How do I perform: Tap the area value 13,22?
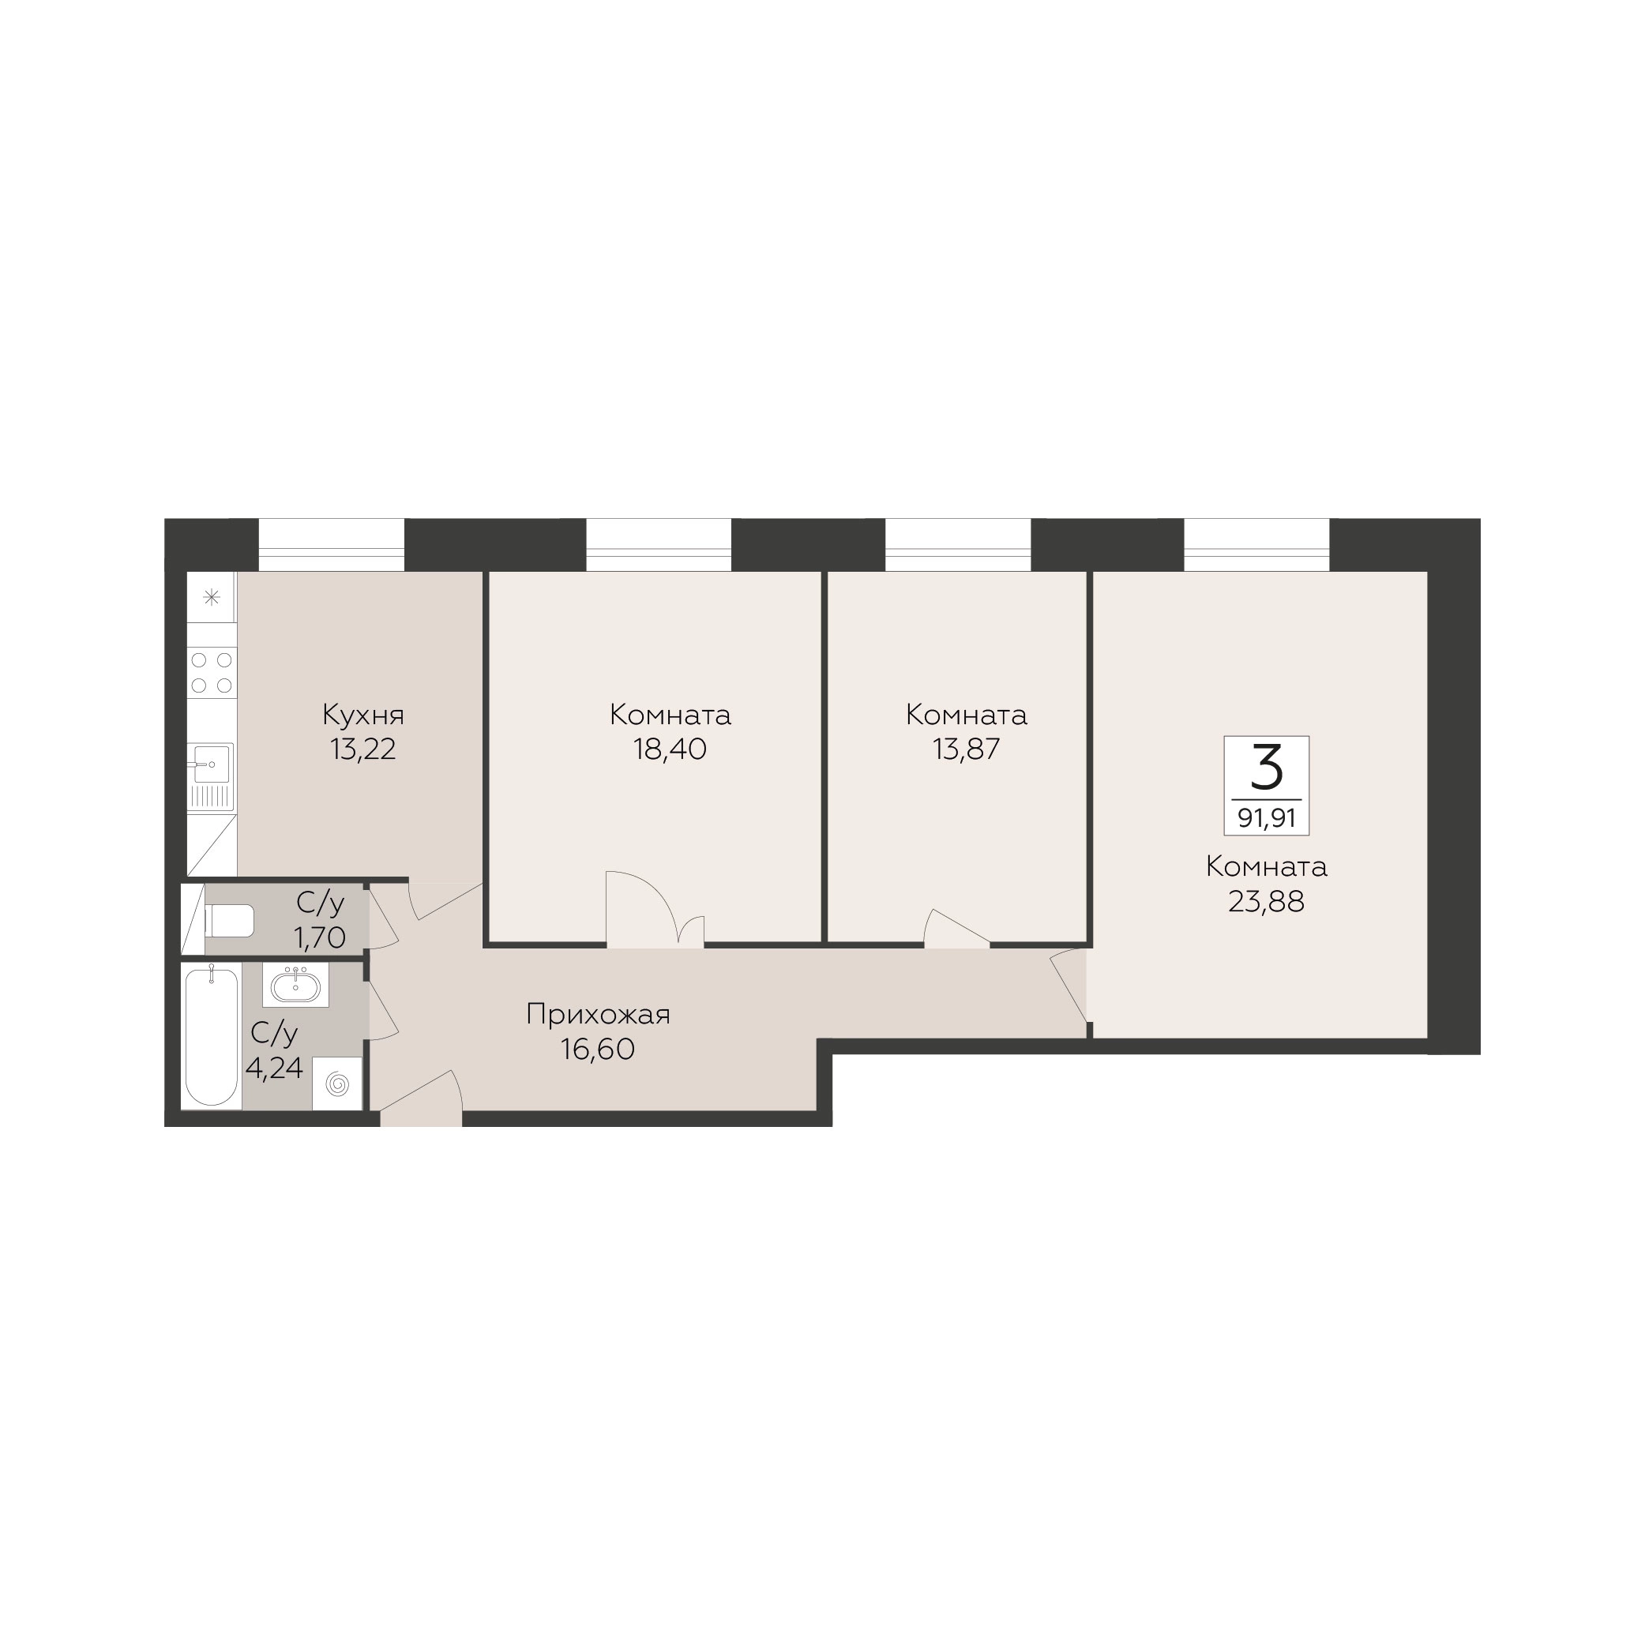point(362,749)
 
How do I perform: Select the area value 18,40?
point(670,749)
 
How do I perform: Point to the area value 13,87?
point(967,749)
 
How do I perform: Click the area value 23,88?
point(1266,902)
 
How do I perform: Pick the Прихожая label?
point(598,1015)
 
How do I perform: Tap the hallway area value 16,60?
point(598,1050)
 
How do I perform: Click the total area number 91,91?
point(1267,818)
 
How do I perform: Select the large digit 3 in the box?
point(1267,766)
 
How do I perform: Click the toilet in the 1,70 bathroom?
point(229,920)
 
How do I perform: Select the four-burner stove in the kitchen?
point(212,672)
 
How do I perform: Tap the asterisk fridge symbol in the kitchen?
point(212,597)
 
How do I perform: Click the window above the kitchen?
point(331,545)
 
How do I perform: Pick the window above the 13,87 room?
point(958,545)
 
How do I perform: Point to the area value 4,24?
point(274,1068)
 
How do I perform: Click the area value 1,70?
point(319,938)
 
